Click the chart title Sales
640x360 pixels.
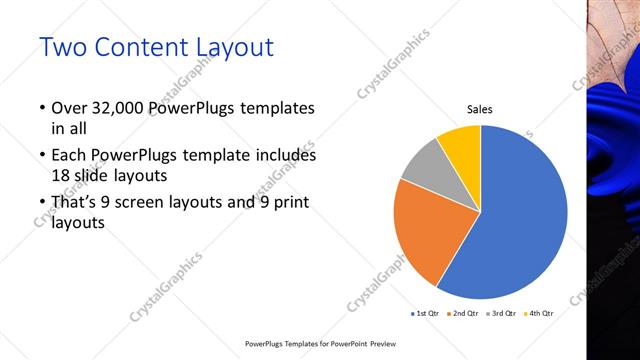coord(480,110)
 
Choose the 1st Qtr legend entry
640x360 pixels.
coord(425,314)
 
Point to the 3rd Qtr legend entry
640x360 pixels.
coord(501,314)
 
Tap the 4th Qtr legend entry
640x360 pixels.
coord(538,314)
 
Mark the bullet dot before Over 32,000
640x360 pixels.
coord(41,108)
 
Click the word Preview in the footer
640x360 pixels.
coord(382,343)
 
